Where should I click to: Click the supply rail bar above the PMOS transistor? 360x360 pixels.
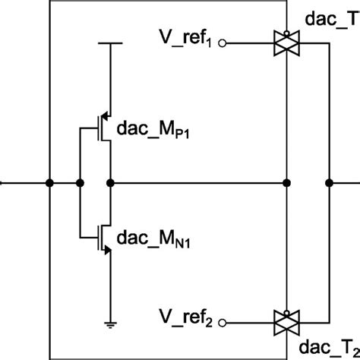(111, 43)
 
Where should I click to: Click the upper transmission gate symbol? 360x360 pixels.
(287, 44)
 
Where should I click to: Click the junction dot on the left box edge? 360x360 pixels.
(49, 182)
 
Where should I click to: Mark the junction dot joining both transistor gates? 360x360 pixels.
(81, 182)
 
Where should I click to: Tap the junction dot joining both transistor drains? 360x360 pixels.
(111, 182)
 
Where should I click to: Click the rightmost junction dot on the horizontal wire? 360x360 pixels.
(329, 182)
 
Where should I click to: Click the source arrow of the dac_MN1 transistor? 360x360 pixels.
(106, 253)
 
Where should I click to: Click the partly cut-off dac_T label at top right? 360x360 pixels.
(332, 16)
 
